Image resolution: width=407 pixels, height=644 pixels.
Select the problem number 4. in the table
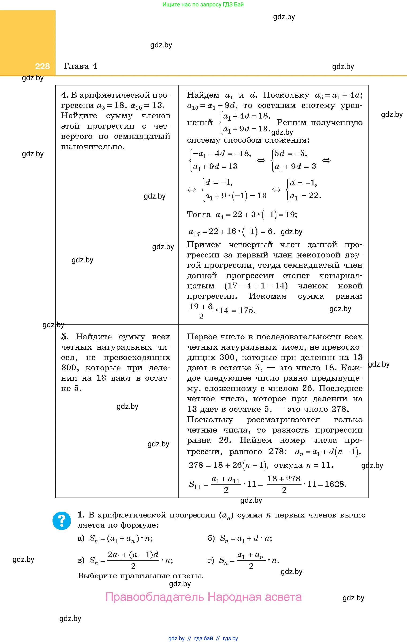tap(65, 95)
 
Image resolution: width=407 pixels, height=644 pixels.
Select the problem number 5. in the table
tap(65, 337)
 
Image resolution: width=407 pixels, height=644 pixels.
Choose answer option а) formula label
tap(81, 538)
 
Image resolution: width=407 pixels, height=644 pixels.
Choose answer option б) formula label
tap(211, 538)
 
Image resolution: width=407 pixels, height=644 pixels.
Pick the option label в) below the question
tap(81, 560)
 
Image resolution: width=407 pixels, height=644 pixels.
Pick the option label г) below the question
tap(211, 560)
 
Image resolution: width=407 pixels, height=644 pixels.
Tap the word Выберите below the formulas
tap(97, 575)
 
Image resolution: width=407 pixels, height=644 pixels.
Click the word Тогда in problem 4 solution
tap(199, 215)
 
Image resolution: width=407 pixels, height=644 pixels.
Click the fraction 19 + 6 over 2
tap(201, 311)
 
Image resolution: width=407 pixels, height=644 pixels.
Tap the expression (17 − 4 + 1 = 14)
tap(256, 286)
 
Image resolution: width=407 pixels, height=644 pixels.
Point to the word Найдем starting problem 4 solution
tap(203, 95)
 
